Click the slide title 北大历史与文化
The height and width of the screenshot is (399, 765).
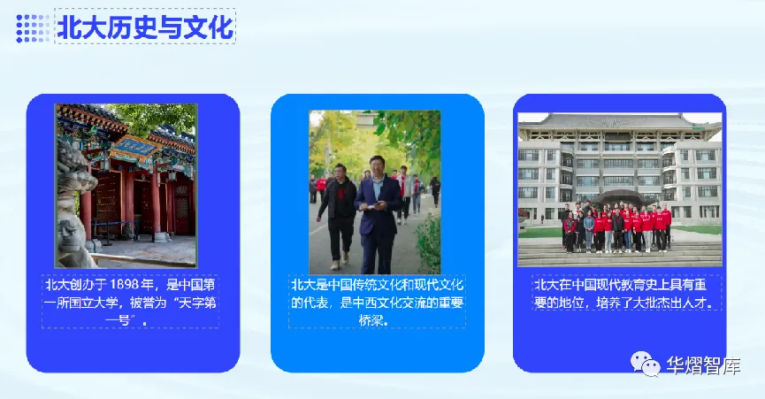coord(145,27)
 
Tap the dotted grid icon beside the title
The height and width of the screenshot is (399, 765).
coord(33,27)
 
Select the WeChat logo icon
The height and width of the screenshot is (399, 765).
coord(645,364)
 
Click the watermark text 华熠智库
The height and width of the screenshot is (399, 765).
coord(703,365)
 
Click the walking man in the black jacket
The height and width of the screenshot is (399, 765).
coord(337,215)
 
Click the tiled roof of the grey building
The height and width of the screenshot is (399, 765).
coord(620,122)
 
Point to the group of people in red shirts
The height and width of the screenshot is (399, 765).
coord(616,227)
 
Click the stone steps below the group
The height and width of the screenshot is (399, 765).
coord(620,255)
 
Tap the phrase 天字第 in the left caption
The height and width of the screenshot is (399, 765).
coord(197,303)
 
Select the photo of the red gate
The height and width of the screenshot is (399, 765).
coord(126,186)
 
